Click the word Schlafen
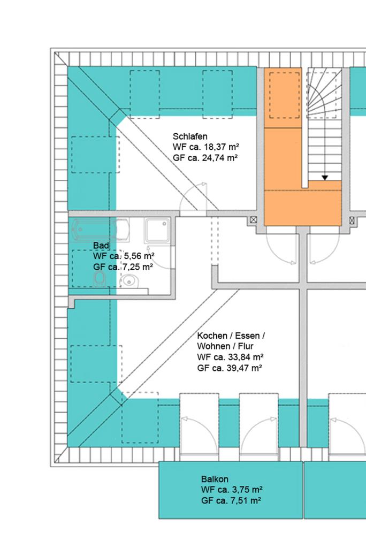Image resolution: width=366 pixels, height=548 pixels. pos(190,136)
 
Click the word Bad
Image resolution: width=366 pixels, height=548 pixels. pos(101,245)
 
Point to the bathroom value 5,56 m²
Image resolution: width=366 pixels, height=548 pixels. pos(139,256)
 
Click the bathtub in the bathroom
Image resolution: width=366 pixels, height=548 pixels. pos(100,230)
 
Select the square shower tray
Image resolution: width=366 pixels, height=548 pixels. pos(157,230)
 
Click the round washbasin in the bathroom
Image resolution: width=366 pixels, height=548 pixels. pos(129,280)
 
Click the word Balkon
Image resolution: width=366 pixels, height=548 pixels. pos(215,479)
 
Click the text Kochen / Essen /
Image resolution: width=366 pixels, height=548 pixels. pos(231,336)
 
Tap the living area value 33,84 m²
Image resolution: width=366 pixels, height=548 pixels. pos(243,357)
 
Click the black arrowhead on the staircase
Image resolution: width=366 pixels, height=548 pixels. pos(325,178)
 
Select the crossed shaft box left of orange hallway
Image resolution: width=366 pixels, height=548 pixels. pos(254,220)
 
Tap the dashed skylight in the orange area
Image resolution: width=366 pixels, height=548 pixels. pos(284,95)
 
